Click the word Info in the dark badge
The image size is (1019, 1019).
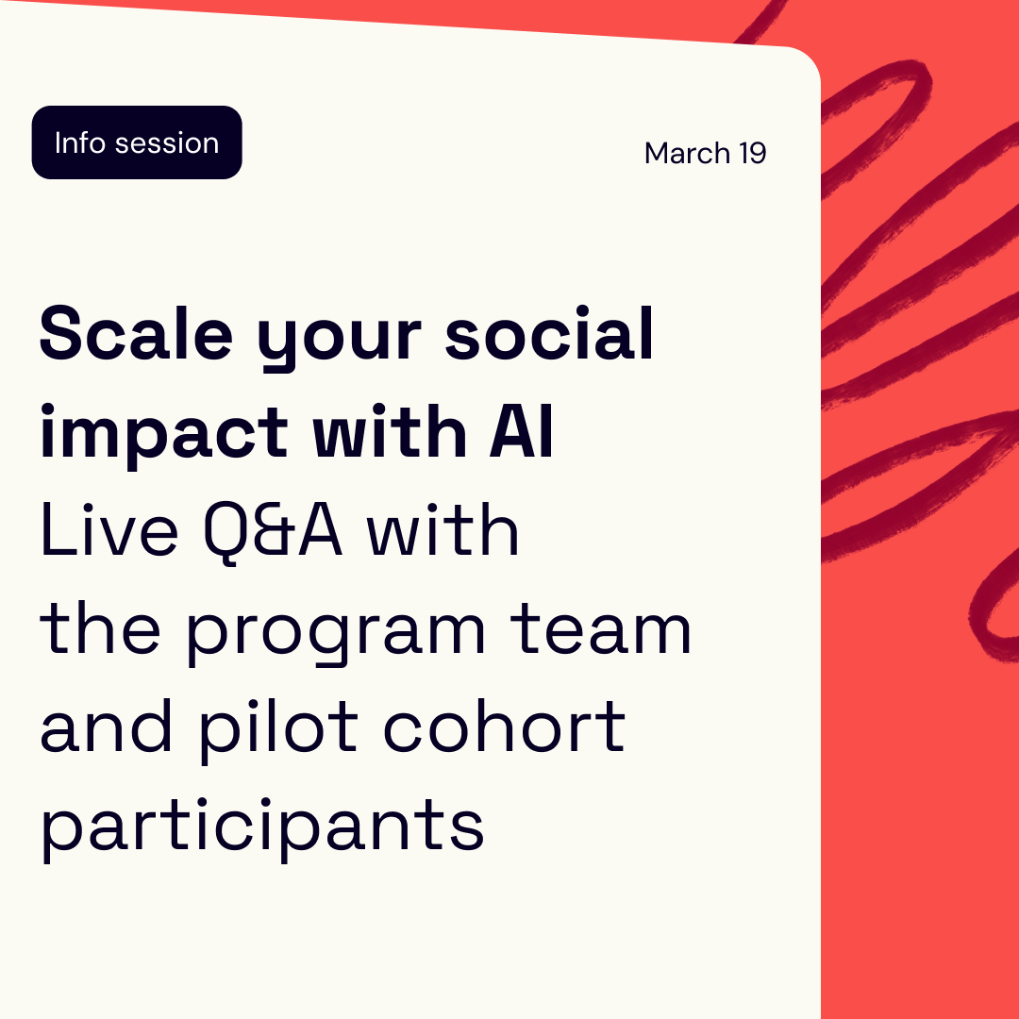point(79,143)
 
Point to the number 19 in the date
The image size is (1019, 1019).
point(752,153)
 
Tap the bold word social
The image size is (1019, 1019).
point(549,335)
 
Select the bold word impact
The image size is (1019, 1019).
point(163,435)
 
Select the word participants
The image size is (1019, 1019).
point(261,827)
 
